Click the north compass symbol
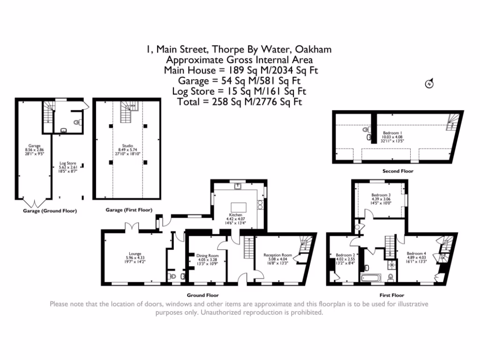[x=428, y=84]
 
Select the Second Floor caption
[x=397, y=171]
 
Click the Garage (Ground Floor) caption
[x=50, y=211]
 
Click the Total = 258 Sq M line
[x=240, y=101]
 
